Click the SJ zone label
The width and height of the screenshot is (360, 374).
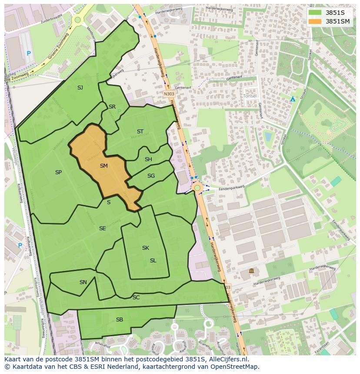point(80,88)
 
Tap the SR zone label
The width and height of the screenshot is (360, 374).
point(112,107)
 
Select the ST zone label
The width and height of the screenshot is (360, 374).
point(140,132)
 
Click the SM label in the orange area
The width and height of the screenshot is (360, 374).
point(103,166)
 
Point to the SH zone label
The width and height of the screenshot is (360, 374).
point(148,159)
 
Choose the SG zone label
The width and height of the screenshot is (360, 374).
point(151,176)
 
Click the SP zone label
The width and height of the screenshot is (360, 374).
point(58,172)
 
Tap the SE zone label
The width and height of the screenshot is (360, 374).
point(102,228)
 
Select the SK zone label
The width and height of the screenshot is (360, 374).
point(146,248)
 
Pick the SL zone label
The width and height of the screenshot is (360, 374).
point(153,261)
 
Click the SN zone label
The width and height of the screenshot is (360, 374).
point(83,282)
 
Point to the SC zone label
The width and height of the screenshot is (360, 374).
point(136,298)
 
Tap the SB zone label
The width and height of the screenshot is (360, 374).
point(120,320)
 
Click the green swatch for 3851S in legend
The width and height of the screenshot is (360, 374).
point(315,13)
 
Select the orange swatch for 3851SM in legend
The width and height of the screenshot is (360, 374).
point(315,21)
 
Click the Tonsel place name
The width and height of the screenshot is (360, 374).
point(250,96)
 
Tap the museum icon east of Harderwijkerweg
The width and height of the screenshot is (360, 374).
point(251,271)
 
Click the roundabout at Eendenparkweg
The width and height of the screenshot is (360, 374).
point(197,188)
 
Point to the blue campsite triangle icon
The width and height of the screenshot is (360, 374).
point(293,99)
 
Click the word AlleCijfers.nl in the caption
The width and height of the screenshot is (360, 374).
point(227,360)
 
